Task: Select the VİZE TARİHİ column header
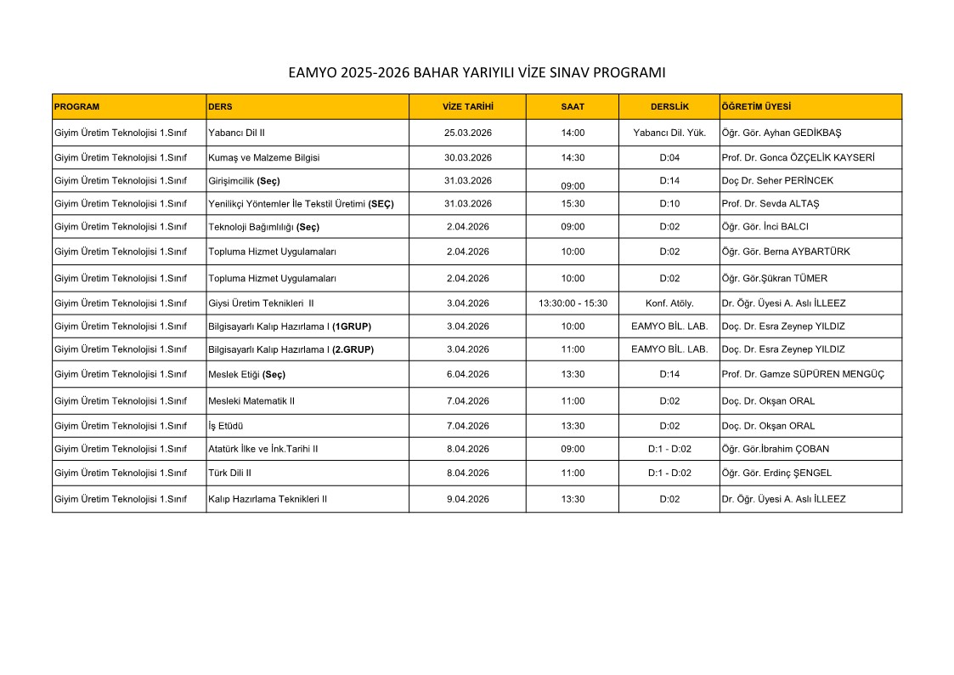tap(467, 107)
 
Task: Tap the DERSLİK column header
tap(669, 107)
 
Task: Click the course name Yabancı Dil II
tap(237, 133)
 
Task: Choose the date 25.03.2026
tap(467, 133)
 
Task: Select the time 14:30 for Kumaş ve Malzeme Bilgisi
tap(573, 157)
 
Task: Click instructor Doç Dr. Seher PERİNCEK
tap(777, 181)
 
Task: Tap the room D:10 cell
tap(669, 204)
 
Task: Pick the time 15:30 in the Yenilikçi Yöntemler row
tap(573, 204)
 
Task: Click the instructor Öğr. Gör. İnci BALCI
tap(765, 227)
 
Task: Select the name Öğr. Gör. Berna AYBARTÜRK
tap(785, 252)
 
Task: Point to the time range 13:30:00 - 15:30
tap(573, 303)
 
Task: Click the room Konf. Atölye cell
tap(669, 303)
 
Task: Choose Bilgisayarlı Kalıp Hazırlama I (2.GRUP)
tap(291, 349)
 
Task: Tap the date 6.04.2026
tap(467, 375)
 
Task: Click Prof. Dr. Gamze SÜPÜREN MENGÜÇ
tap(802, 375)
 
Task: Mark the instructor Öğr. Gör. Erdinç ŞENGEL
tap(776, 474)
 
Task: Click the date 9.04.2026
tap(467, 500)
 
